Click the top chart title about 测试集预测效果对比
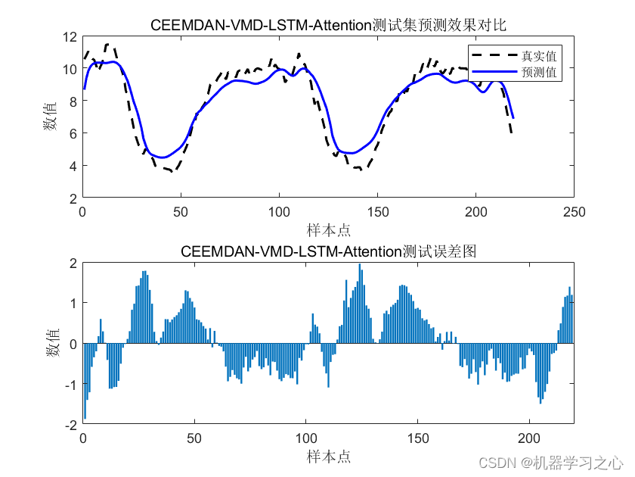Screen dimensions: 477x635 (328, 25)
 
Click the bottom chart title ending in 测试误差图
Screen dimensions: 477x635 (328, 251)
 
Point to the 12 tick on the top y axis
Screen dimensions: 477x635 (70, 36)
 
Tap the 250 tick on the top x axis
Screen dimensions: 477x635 (574, 213)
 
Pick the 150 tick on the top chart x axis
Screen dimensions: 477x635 (377, 213)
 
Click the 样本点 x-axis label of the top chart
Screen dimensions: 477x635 (328, 229)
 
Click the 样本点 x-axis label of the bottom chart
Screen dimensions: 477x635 (328, 457)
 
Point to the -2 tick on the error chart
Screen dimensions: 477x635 (70, 426)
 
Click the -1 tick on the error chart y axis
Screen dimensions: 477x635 (70, 385)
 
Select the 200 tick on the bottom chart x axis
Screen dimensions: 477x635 (529, 440)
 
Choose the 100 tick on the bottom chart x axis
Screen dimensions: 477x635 (305, 440)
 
